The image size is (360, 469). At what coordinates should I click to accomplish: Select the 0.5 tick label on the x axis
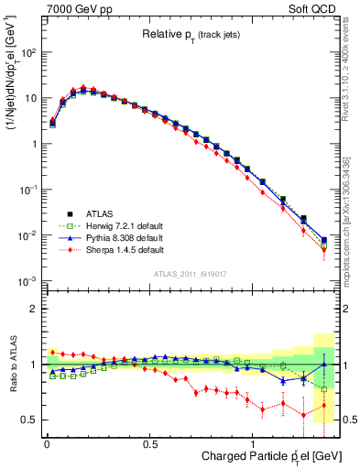(x=150, y=444)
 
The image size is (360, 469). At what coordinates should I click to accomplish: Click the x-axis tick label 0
(x=46, y=444)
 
